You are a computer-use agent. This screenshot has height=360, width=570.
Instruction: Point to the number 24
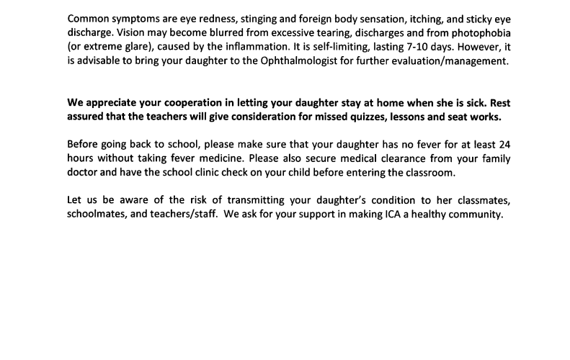coord(504,144)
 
